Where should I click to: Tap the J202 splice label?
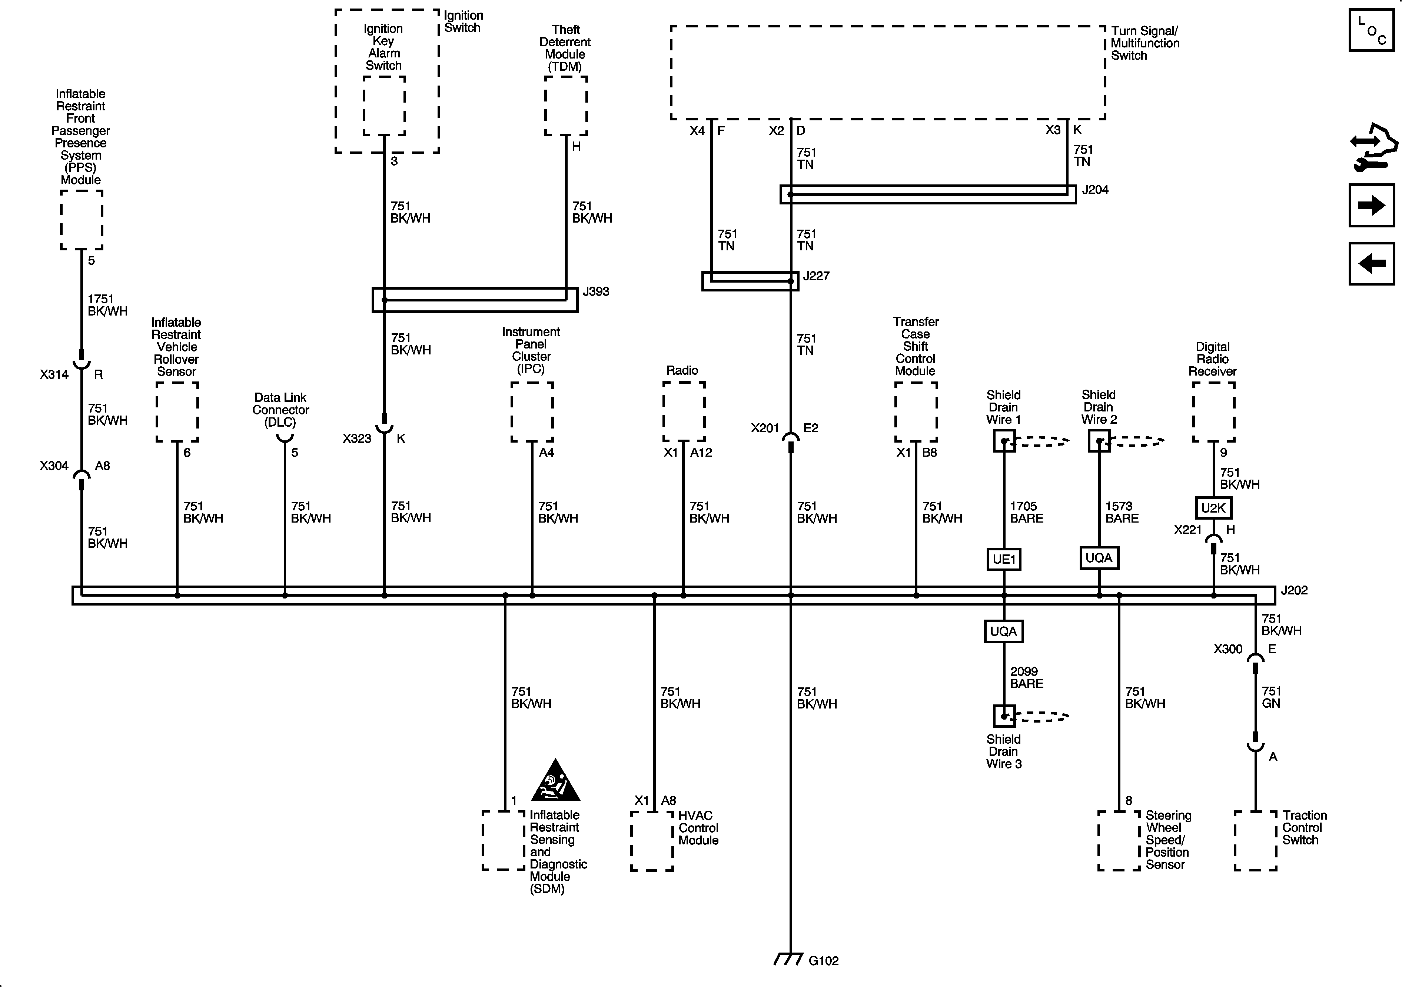coord(1293,590)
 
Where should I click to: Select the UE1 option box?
coord(1003,559)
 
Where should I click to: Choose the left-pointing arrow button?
coord(1372,264)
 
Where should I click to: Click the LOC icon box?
coord(1372,30)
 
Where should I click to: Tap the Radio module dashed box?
coord(684,411)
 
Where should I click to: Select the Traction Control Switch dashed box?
coord(1255,840)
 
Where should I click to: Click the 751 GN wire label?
coord(1271,697)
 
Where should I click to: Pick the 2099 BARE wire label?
coord(1026,677)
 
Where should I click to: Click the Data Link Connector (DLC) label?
coord(280,410)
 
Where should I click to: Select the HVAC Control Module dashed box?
coord(652,840)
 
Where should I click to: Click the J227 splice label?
coord(816,276)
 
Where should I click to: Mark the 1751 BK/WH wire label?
coord(107,304)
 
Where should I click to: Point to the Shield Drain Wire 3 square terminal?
coord(1003,716)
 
